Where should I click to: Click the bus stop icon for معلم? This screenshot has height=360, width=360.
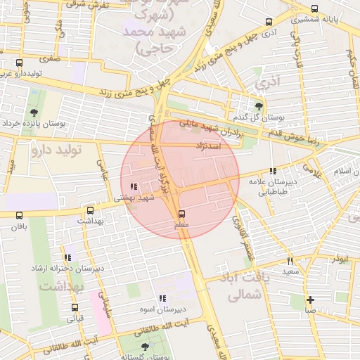click(x=182, y=213)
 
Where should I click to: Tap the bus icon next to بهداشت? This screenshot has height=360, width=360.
click(x=90, y=210)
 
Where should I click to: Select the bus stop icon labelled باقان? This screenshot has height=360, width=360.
click(x=18, y=216)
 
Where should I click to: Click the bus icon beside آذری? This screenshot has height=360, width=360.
click(x=267, y=22)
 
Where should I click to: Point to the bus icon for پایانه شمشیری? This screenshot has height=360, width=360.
click(x=314, y=9)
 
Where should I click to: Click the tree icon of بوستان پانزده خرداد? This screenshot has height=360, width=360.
click(x=34, y=111)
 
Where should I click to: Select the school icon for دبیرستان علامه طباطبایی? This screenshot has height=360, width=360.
click(x=272, y=171)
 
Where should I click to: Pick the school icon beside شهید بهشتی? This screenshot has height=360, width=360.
click(x=134, y=187)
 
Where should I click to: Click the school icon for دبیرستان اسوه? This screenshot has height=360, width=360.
click(x=162, y=298)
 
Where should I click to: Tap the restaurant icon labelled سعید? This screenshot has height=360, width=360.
click(x=290, y=261)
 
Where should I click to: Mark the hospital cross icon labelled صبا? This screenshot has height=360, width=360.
click(x=310, y=300)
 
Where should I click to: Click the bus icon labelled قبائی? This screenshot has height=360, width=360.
click(x=75, y=307)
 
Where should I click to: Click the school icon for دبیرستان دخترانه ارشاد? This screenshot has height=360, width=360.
click(x=67, y=258)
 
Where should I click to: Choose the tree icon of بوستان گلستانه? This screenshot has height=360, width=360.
click(x=145, y=347)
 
